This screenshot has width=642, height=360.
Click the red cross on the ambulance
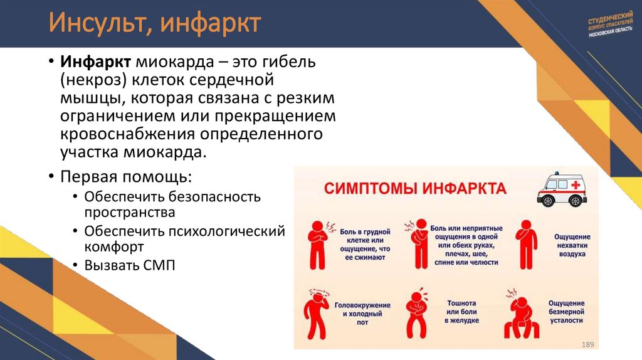(x=574, y=184)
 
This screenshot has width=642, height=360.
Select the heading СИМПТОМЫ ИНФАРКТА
(x=415, y=188)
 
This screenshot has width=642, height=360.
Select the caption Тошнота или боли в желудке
(x=462, y=312)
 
